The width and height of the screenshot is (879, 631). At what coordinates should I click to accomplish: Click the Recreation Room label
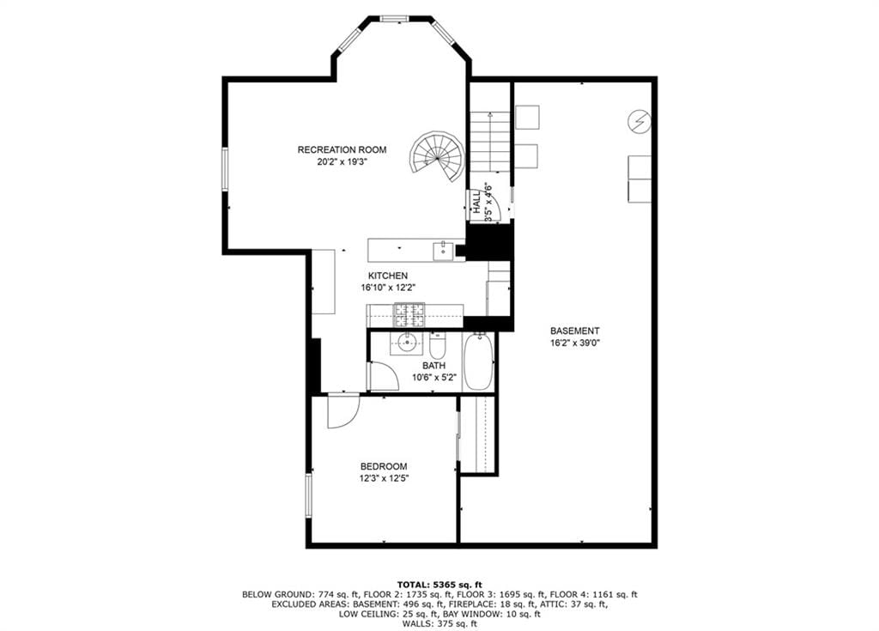click(342, 149)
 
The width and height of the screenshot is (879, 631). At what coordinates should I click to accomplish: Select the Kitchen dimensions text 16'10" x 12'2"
click(388, 288)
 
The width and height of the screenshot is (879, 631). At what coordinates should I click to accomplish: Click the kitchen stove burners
click(409, 315)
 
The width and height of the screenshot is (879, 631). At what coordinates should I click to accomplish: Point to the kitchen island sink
click(442, 251)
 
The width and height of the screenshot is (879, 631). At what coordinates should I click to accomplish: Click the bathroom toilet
click(437, 346)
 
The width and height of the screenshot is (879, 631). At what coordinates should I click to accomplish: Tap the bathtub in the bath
click(479, 361)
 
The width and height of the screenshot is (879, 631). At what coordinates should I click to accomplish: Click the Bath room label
click(434, 366)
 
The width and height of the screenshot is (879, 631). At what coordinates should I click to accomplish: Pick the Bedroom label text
click(384, 466)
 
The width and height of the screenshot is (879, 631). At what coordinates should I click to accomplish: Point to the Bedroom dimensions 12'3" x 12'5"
click(384, 478)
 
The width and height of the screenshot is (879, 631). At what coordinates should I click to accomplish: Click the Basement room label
click(574, 331)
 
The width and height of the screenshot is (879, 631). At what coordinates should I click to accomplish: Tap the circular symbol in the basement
click(639, 121)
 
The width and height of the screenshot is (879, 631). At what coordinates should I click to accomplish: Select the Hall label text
click(476, 202)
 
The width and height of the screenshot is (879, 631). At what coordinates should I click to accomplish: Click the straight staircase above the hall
click(490, 142)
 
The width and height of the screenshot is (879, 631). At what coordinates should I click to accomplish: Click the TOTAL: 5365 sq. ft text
click(439, 585)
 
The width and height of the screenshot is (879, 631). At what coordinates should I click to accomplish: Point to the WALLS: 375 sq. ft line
click(439, 623)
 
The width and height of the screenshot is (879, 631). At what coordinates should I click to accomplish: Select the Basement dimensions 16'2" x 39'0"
click(575, 343)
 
